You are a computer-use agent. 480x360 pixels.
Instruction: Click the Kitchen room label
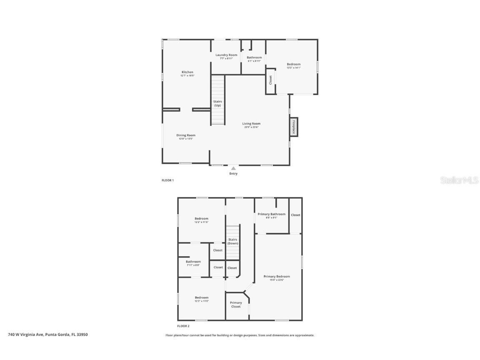click(x=187, y=72)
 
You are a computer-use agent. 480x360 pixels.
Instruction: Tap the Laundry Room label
click(x=226, y=55)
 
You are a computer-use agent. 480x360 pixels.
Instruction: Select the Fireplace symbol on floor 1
click(x=294, y=126)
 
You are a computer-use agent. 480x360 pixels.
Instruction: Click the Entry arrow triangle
click(x=233, y=168)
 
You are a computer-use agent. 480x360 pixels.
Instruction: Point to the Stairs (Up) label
click(x=217, y=103)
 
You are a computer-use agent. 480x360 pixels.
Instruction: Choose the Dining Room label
click(x=186, y=135)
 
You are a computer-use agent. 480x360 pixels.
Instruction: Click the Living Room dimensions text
click(x=251, y=127)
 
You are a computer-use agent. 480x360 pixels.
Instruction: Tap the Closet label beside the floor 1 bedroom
click(x=270, y=80)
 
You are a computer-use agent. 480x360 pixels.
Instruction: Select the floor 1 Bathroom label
click(x=254, y=57)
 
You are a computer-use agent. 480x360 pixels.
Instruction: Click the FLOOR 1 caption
click(x=167, y=180)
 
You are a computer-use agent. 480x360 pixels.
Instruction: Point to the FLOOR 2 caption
click(x=183, y=326)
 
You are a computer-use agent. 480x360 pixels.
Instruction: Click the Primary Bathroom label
click(x=272, y=214)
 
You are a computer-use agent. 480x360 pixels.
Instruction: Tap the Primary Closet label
click(x=236, y=305)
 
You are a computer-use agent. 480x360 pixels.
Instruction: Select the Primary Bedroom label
click(x=277, y=276)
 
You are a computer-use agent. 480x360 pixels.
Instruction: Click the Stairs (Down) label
click(x=232, y=241)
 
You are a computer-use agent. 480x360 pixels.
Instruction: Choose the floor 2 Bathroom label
click(x=193, y=262)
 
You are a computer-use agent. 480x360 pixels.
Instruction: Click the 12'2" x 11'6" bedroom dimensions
click(x=201, y=222)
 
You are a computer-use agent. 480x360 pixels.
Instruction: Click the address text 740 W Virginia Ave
click(x=47, y=334)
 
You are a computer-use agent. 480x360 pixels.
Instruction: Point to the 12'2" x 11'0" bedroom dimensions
click(x=202, y=301)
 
